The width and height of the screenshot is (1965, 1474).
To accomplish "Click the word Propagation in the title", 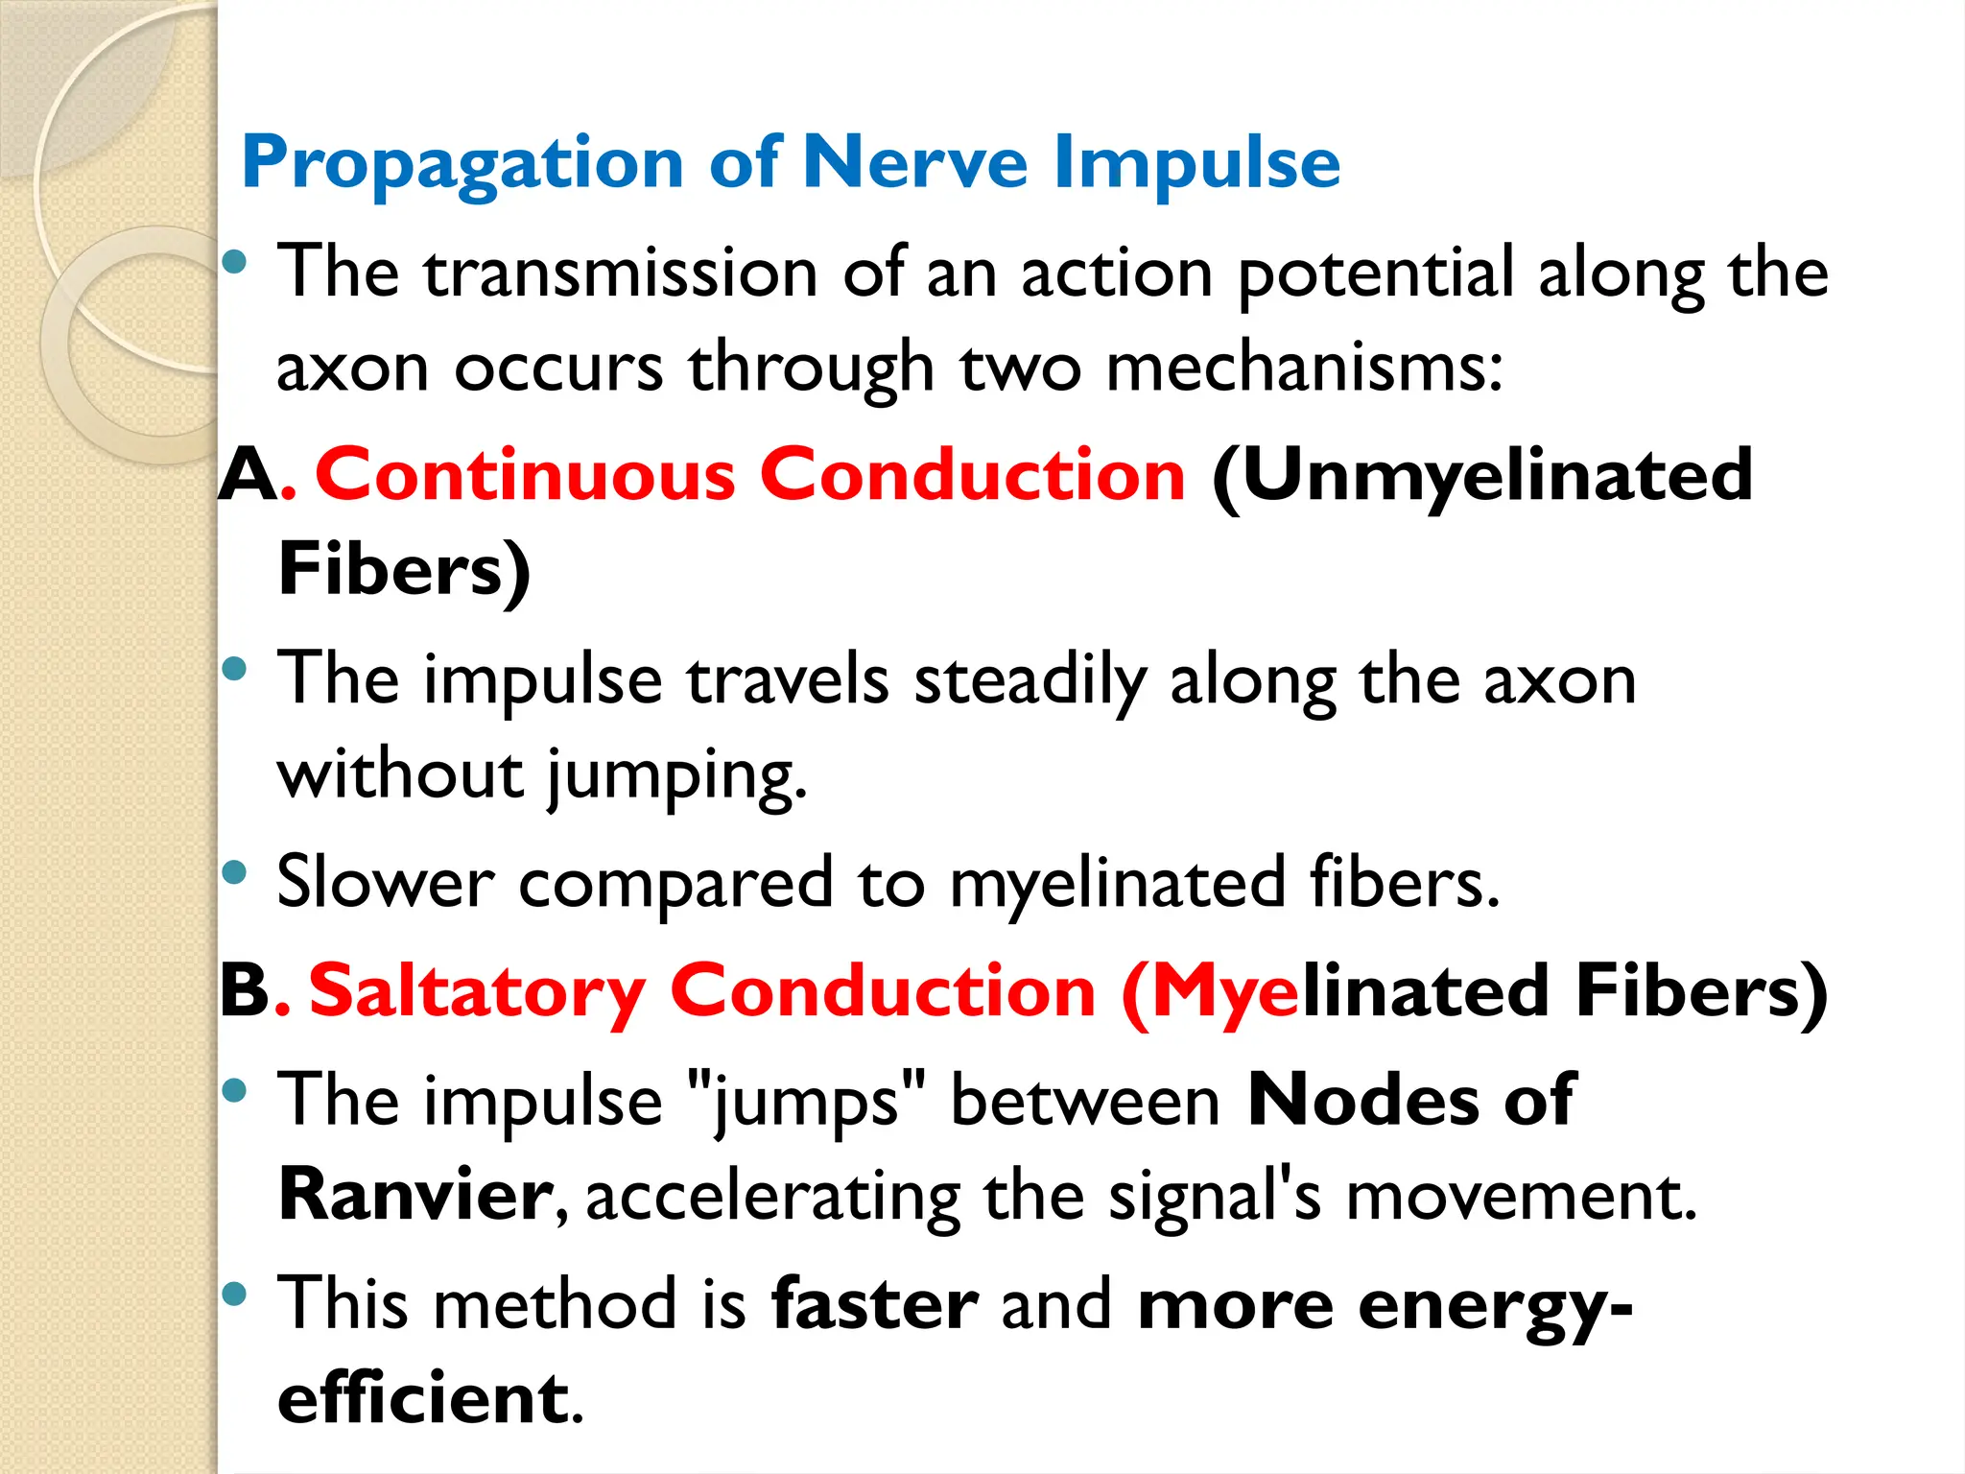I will pyautogui.click(x=462, y=164).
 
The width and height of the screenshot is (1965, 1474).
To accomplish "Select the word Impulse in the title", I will pyautogui.click(x=1196, y=164).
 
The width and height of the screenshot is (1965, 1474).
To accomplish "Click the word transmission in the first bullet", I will pyautogui.click(x=622, y=273).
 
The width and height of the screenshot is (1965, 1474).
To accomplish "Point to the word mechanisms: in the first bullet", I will pyautogui.click(x=1304, y=368).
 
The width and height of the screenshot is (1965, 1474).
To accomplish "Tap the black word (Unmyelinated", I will pyautogui.click(x=1482, y=476).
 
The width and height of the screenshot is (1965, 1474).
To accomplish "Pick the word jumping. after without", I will pyautogui.click(x=677, y=775).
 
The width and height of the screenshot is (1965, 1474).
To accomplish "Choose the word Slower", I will pyautogui.click(x=385, y=882).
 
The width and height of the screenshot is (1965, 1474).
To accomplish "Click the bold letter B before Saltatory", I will pyautogui.click(x=245, y=990).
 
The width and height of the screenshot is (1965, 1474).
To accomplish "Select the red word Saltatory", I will pyautogui.click(x=477, y=992).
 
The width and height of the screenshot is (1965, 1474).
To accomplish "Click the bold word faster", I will pyautogui.click(x=874, y=1304).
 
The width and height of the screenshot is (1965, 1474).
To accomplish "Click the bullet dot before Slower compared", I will pyautogui.click(x=234, y=872).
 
